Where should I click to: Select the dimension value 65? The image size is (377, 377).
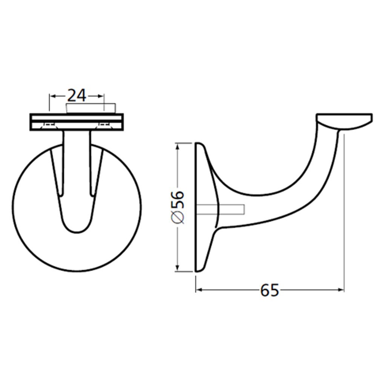[x=269, y=290]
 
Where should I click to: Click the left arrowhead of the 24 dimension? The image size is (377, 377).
[x=52, y=96]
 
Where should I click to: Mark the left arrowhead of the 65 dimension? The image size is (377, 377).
[x=199, y=290]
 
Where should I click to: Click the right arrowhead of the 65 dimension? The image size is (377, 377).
[x=341, y=290]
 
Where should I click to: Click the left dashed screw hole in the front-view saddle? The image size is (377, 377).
[x=49, y=124]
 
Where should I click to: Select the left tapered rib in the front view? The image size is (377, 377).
[x=56, y=170]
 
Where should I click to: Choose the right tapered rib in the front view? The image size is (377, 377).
[x=97, y=170]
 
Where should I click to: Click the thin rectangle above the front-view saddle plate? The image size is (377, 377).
[x=90, y=108]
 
